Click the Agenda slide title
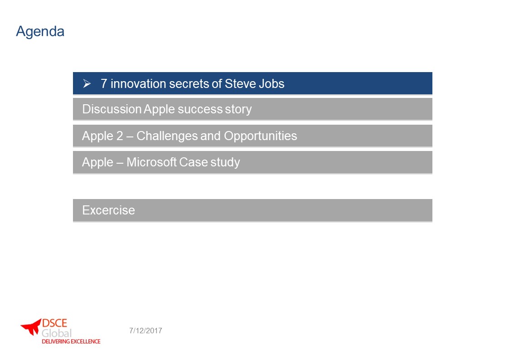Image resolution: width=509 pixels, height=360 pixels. point(40,32)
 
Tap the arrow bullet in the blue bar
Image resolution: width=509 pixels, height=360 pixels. point(87,84)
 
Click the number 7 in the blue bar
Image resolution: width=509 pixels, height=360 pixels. point(104,84)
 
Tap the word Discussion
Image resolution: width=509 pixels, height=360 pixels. point(111,109)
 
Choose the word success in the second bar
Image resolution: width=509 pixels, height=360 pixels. point(200,109)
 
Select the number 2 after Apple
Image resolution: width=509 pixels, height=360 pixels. point(120,136)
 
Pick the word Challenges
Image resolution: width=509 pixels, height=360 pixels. point(167,136)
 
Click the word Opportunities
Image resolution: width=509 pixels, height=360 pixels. point(261,136)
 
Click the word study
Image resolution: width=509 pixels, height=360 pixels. point(225,162)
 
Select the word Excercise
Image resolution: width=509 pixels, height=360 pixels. point(108,210)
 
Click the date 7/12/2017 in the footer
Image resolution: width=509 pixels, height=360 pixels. point(145,331)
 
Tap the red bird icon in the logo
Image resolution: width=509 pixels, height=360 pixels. point(32,326)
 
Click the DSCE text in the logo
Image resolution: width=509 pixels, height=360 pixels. point(54,323)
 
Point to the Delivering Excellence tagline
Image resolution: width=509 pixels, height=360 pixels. point(71,341)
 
